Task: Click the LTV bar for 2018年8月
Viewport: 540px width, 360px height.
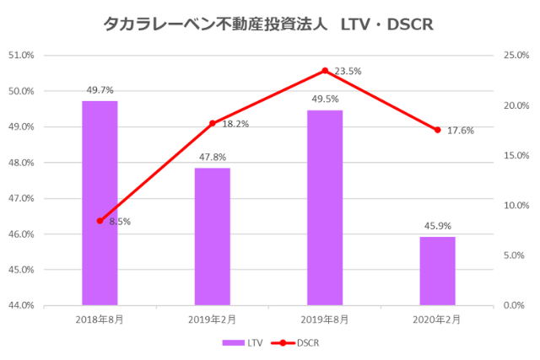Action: click(x=100, y=202)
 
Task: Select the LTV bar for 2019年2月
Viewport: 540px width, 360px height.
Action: click(x=212, y=236)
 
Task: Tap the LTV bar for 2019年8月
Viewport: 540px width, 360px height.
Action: click(x=325, y=207)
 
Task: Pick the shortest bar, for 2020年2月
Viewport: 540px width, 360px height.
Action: click(x=437, y=271)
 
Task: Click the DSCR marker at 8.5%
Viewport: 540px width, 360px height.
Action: click(x=100, y=221)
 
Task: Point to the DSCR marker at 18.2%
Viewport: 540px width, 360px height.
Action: click(x=213, y=123)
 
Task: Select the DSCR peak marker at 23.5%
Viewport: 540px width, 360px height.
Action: click(x=325, y=71)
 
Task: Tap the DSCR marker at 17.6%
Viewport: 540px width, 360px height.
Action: click(x=437, y=130)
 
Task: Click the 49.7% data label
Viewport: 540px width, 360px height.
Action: click(x=100, y=89)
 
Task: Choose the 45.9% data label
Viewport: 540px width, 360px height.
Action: click(x=437, y=226)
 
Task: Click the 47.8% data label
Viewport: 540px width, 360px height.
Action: click(x=212, y=157)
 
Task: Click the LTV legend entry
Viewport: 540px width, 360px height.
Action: click(x=240, y=343)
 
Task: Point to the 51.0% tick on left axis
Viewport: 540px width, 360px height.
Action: click(x=22, y=56)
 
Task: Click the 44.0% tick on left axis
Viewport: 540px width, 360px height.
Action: click(x=22, y=305)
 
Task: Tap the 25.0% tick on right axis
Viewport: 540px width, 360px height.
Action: click(x=516, y=56)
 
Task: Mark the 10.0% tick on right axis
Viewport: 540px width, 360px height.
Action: click(x=516, y=206)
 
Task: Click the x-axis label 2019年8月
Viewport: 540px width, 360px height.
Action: click(x=325, y=320)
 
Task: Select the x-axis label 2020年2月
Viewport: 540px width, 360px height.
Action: click(x=437, y=320)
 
